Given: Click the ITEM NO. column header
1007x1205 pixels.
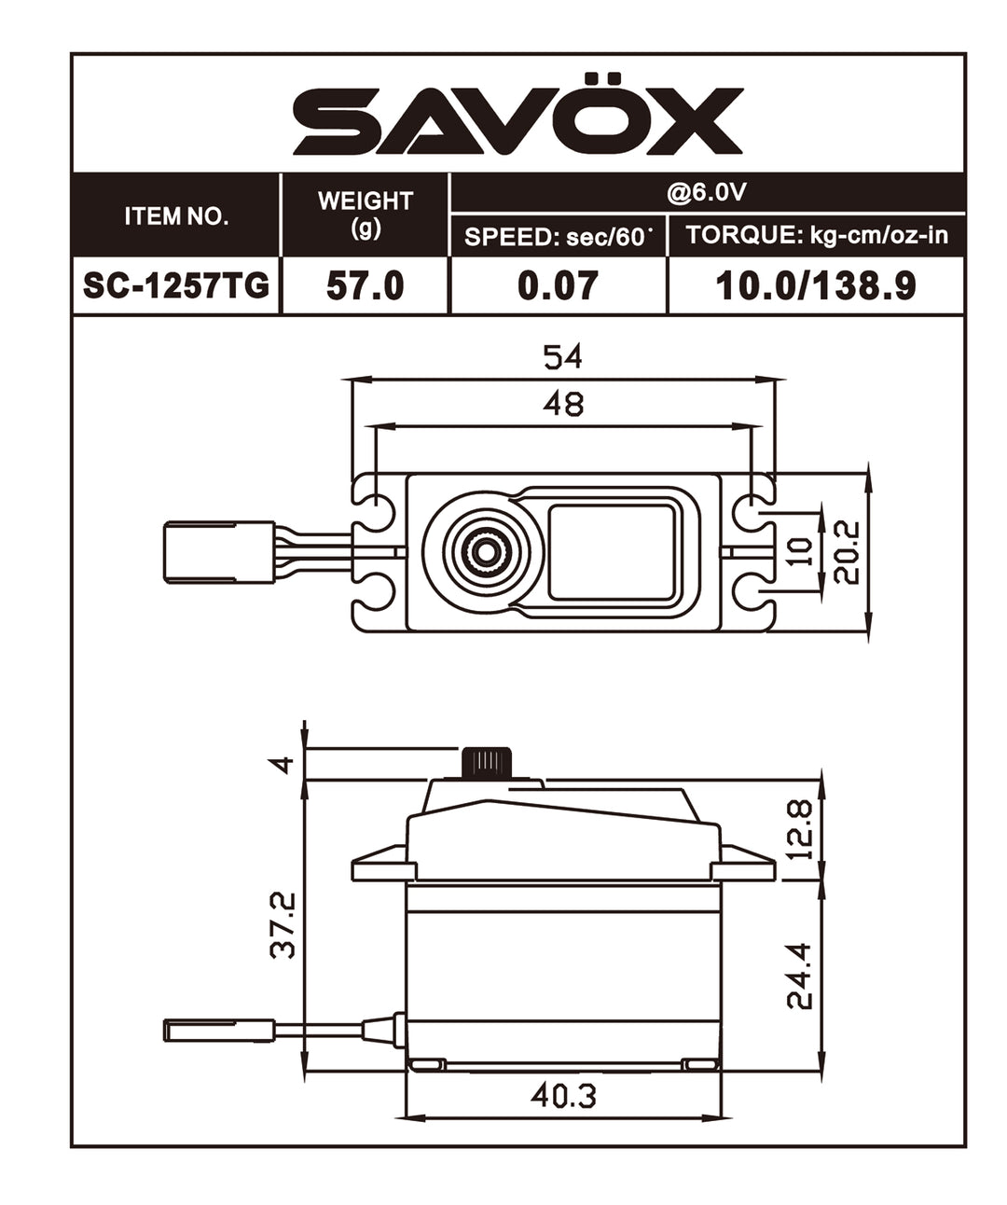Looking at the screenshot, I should click(176, 216).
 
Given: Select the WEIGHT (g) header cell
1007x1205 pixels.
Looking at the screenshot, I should click(365, 214).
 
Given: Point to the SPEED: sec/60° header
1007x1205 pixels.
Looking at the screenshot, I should click(557, 237).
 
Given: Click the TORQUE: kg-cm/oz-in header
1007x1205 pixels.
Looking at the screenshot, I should click(817, 235).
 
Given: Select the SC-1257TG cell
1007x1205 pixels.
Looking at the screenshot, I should click(176, 285).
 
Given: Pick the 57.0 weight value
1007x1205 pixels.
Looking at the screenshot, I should click(365, 285).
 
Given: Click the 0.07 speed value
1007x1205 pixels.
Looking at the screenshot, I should click(558, 285).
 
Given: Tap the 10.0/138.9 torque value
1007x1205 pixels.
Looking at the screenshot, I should click(816, 285).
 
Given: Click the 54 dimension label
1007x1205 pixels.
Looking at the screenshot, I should click(562, 357).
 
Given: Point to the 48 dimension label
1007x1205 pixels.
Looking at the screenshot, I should click(562, 404).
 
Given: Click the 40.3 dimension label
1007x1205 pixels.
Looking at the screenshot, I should click(563, 1095).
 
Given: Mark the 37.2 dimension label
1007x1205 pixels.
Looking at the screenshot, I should click(282, 924).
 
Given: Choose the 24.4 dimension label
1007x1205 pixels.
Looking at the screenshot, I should click(800, 976).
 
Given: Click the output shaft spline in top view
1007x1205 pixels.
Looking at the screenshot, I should click(484, 551).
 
